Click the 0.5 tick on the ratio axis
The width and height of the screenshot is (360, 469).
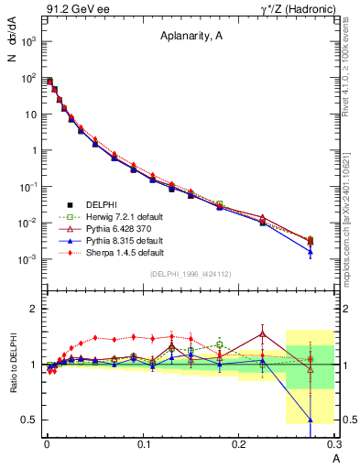[x=30, y=420]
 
